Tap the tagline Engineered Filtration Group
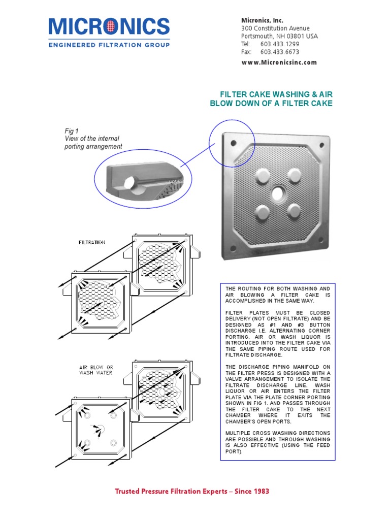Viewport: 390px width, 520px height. [109, 45]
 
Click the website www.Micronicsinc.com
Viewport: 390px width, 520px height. [279, 62]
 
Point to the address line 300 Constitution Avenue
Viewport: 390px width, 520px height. [275, 28]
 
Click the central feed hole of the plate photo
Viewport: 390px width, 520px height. [278, 193]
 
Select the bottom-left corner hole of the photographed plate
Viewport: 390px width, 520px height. [233, 248]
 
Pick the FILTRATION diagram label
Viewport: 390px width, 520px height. [92, 242]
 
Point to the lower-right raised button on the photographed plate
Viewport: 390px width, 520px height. [296, 210]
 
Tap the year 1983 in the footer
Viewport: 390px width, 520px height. [261, 491]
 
